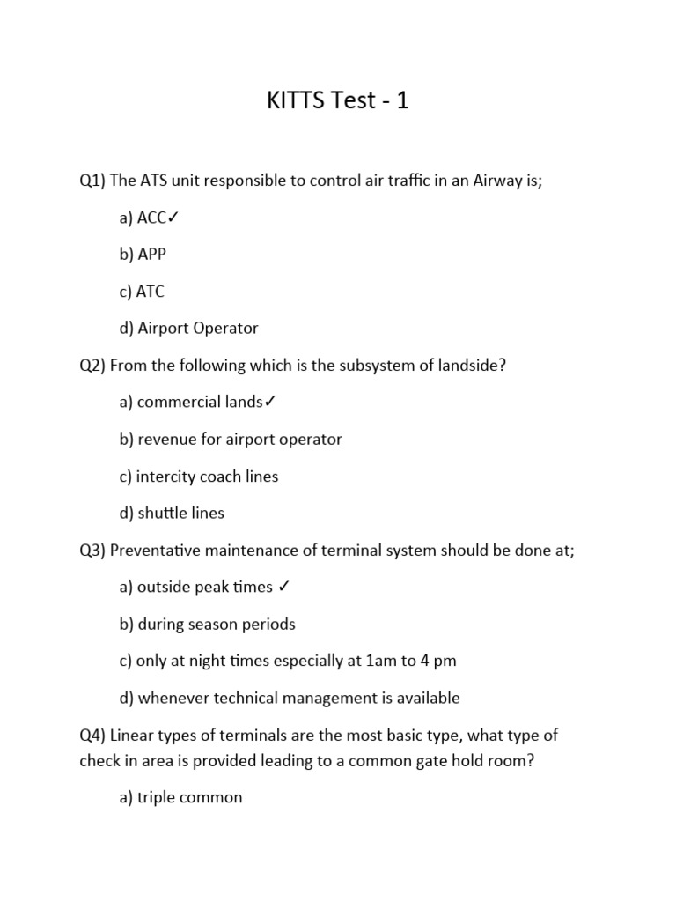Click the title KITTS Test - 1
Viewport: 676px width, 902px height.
point(338,101)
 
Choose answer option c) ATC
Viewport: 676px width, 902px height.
point(142,292)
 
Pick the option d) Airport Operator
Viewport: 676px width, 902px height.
point(188,329)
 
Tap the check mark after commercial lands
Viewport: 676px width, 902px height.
point(270,403)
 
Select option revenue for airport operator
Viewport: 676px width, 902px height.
point(231,440)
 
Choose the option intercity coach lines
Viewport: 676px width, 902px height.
point(198,477)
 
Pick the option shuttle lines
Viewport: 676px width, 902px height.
point(172,514)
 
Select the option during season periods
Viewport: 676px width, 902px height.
point(207,625)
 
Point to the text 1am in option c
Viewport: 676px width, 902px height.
point(351,662)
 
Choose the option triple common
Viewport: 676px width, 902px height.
point(180,798)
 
